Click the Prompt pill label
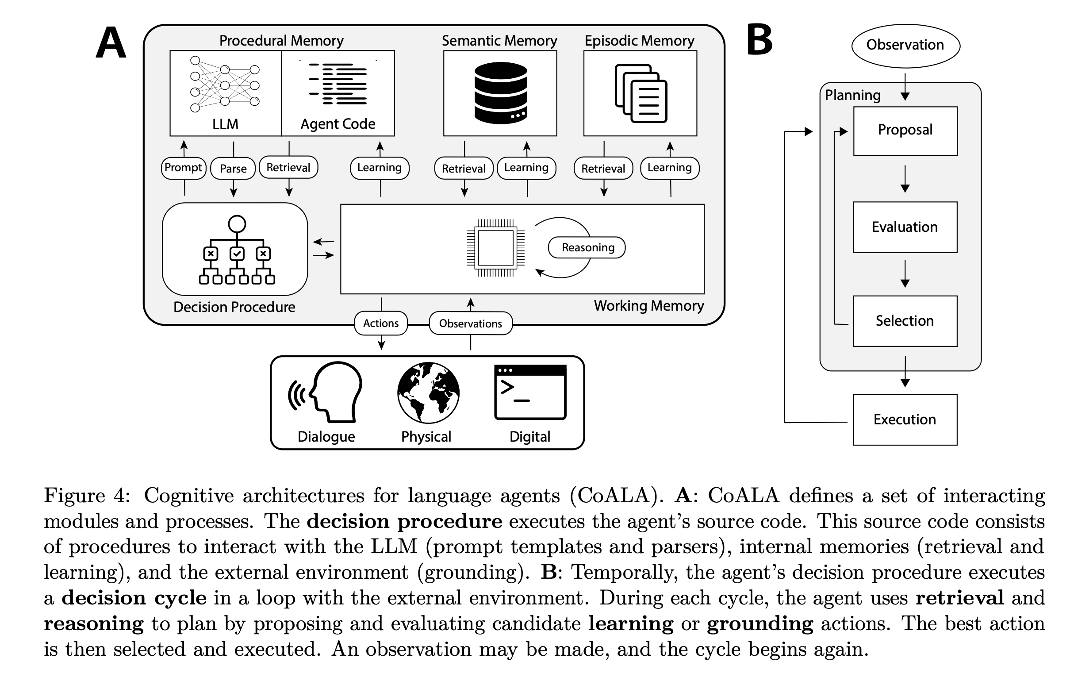(183, 168)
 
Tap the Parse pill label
(233, 169)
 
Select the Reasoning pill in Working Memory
(587, 248)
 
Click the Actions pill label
(381, 323)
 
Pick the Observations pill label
(471, 323)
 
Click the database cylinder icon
(500, 93)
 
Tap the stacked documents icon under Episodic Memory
(641, 94)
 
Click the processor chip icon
(495, 248)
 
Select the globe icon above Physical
(428, 393)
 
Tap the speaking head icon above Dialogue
(325, 392)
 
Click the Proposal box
(905, 131)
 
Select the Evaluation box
(905, 227)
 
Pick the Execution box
(905, 420)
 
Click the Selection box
(905, 321)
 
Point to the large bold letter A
(111, 43)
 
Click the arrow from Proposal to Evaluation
(905, 179)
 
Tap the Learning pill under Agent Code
(380, 168)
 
